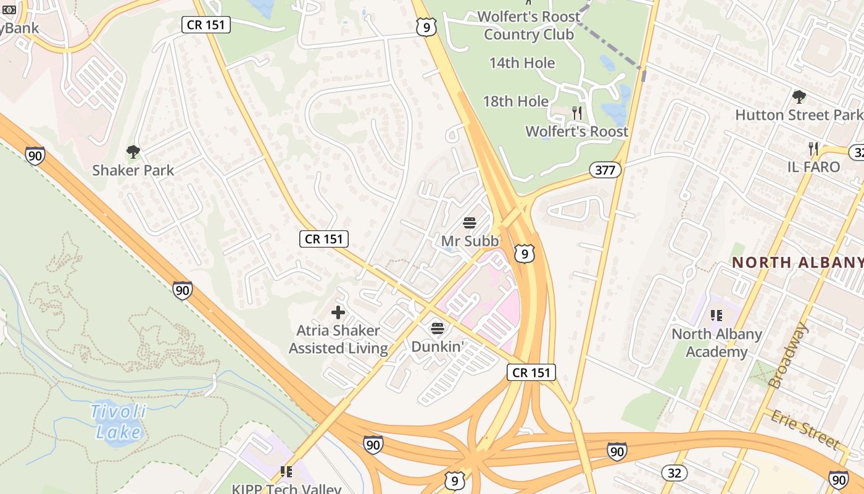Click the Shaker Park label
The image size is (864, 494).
133,170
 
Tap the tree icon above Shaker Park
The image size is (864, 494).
133,151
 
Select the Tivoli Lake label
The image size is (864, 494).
118,421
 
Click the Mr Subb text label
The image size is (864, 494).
470,241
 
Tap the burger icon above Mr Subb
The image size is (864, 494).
470,222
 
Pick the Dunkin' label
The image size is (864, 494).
438,346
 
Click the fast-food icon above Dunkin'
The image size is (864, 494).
438,328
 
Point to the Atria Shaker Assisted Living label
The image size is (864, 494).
338,340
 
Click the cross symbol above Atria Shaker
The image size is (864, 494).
338,312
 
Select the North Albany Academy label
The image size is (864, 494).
717,343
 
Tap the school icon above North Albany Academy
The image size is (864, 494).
717,316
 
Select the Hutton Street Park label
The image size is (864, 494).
799,115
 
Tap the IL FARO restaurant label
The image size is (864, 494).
813,167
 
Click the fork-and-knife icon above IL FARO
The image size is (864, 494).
813,148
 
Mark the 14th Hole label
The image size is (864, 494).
522,63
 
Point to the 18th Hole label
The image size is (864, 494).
515,101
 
